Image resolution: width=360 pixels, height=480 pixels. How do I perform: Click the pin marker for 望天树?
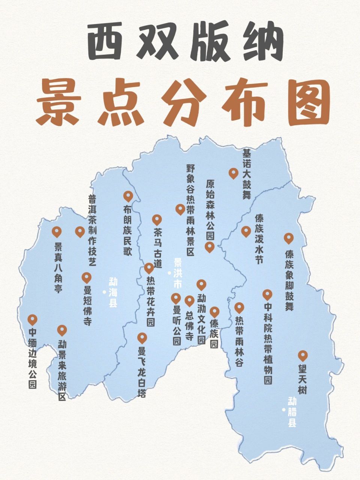click(303, 355)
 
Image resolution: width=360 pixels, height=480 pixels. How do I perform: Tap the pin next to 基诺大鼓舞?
click(233, 173)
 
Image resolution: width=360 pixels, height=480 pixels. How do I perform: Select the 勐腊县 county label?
click(292, 412)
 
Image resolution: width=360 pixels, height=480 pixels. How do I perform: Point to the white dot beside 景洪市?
click(169, 273)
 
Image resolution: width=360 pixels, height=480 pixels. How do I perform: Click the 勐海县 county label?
click(113, 292)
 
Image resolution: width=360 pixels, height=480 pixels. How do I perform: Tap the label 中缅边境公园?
click(33, 358)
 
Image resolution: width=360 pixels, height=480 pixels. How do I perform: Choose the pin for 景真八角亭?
click(57, 232)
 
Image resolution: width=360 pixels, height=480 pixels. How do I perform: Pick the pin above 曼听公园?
click(176, 298)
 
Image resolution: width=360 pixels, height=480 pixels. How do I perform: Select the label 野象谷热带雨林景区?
click(190, 210)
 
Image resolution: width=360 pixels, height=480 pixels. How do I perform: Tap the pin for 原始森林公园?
click(209, 246)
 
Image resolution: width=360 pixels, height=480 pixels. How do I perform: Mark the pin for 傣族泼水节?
click(246, 231)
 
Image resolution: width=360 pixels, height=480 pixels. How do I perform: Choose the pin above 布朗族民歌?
click(128, 196)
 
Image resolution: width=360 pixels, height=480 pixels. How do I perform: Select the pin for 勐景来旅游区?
click(62, 330)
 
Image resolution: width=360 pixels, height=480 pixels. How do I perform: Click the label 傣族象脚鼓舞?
click(289, 279)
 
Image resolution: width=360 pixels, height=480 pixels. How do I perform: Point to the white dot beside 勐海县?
click(104, 292)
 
